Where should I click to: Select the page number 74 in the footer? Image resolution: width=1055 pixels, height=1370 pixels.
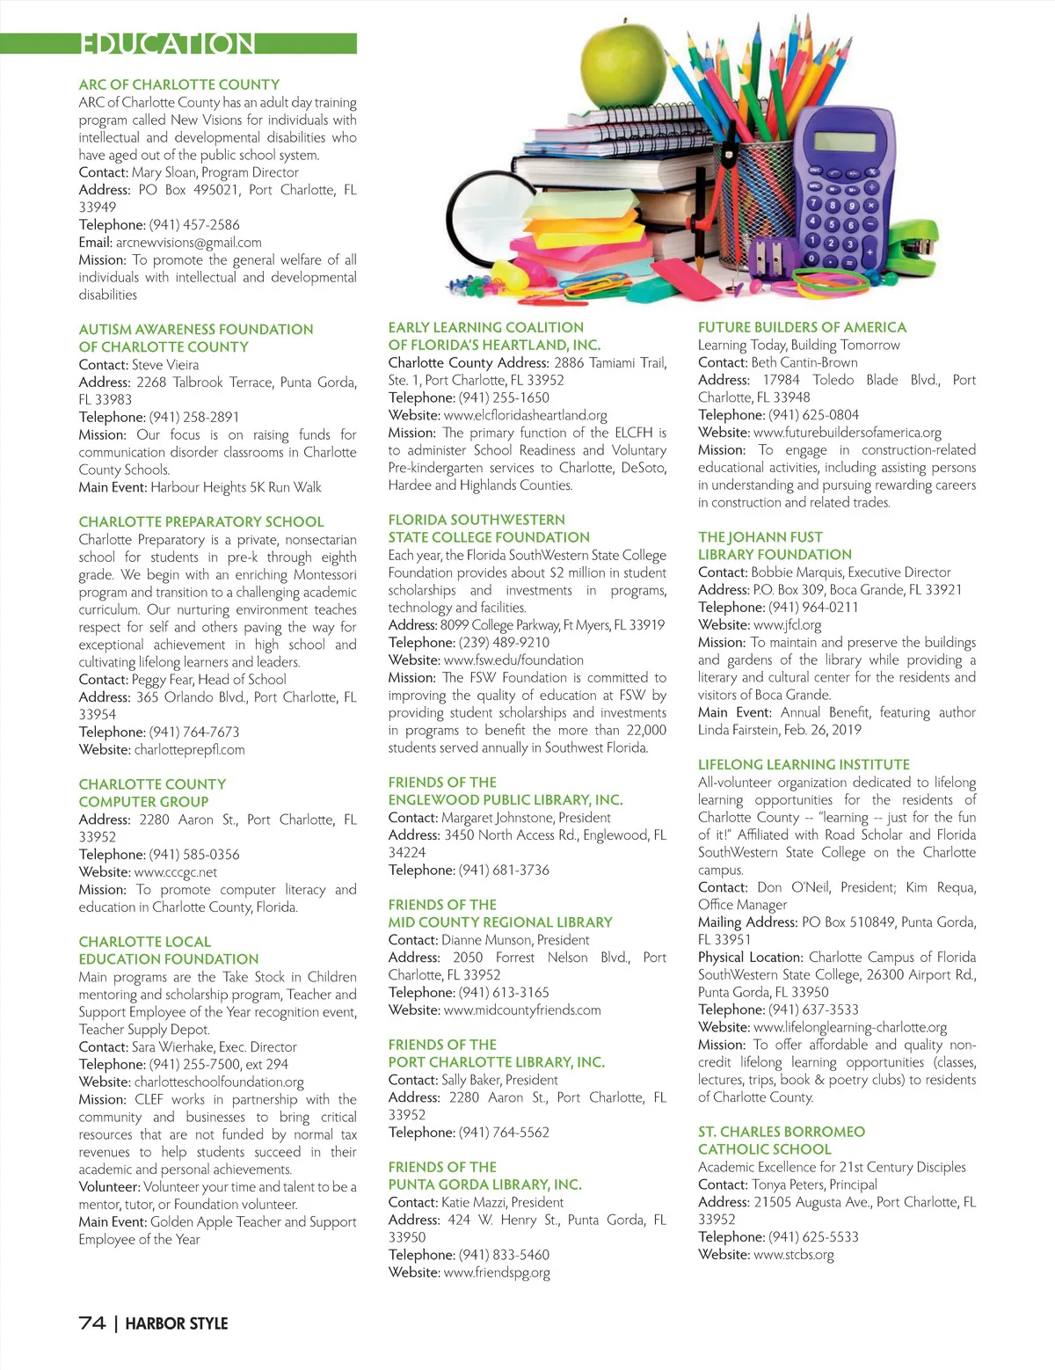92,1323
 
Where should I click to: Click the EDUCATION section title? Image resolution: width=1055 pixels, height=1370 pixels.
167,44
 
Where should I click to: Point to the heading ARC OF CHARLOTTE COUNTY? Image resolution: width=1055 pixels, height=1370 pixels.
179,84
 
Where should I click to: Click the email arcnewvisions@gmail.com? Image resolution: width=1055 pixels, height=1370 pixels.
188,243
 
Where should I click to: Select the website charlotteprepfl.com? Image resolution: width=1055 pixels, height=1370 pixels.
189,750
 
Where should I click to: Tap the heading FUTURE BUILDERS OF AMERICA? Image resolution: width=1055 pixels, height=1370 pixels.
802,327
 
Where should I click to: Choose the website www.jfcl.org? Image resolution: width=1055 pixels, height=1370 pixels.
787,625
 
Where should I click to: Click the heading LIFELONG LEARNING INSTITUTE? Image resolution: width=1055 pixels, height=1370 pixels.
804,765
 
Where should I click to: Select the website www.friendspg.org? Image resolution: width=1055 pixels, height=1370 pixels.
497,1272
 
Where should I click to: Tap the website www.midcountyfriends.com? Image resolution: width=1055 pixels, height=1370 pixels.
522,1010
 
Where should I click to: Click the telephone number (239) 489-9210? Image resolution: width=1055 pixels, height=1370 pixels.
504,643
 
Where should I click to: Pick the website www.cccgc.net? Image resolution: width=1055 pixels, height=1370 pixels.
175,872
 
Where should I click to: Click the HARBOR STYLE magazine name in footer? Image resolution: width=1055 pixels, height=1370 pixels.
177,1323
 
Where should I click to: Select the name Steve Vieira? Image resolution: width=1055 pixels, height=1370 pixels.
165,365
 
